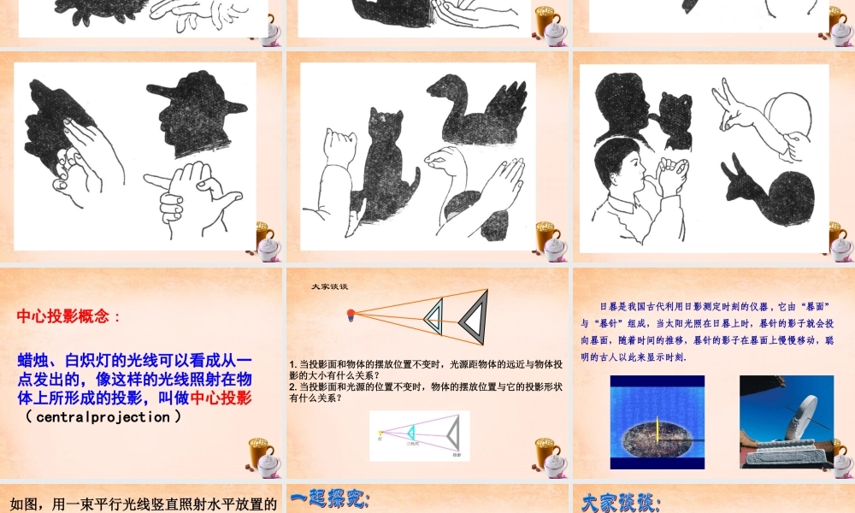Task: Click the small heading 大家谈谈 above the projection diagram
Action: point(329,286)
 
